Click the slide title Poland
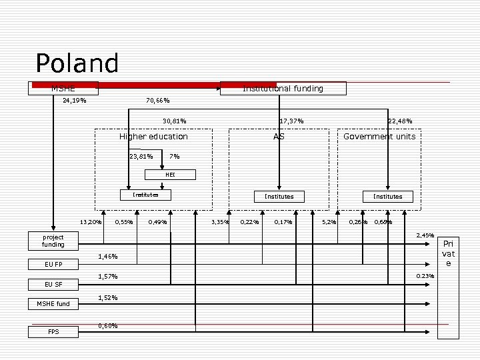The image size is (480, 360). click(77, 64)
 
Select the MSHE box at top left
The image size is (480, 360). click(63, 88)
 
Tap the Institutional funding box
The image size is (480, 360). click(283, 89)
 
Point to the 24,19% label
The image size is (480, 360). click(73, 101)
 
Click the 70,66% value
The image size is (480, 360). click(157, 101)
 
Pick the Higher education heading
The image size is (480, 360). click(153, 137)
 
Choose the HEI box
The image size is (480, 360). click(171, 175)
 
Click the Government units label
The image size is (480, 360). click(379, 137)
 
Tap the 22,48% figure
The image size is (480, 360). click(400, 121)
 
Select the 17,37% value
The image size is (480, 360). click(291, 121)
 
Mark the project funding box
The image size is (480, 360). click(53, 241)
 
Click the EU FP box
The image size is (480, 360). click(53, 265)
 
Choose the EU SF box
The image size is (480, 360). click(53, 285)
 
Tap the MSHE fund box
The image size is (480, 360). click(53, 304)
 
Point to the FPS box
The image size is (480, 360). click(53, 331)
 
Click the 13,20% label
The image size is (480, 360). click(91, 222)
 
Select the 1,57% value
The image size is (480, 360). click(108, 277)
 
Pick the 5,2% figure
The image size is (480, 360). click(329, 222)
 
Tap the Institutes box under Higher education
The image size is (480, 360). click(145, 195)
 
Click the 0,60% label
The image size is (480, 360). click(108, 326)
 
